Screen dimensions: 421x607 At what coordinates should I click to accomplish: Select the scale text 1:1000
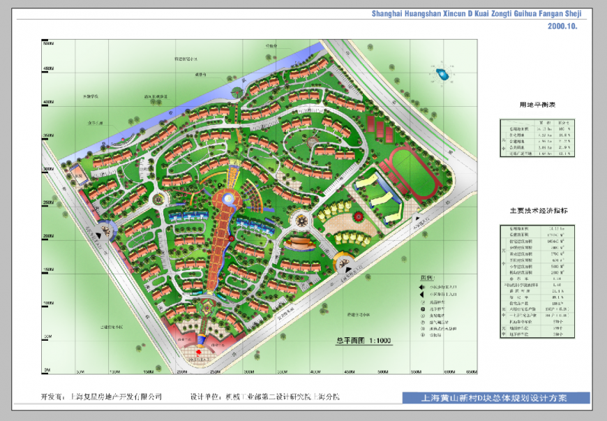pos(377,341)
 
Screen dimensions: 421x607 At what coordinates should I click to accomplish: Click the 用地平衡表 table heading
pos(537,105)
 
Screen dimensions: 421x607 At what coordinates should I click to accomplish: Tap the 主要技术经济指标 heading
pos(538,210)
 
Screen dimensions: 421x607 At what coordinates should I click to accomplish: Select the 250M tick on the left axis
pos(48,203)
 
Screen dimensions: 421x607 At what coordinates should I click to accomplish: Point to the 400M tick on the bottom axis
pos(315,371)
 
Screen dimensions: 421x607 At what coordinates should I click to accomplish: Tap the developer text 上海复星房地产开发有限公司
pos(117,397)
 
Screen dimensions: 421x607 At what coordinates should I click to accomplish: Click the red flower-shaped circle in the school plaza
pos(359,217)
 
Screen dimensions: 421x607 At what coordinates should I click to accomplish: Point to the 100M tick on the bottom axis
pos(112,371)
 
